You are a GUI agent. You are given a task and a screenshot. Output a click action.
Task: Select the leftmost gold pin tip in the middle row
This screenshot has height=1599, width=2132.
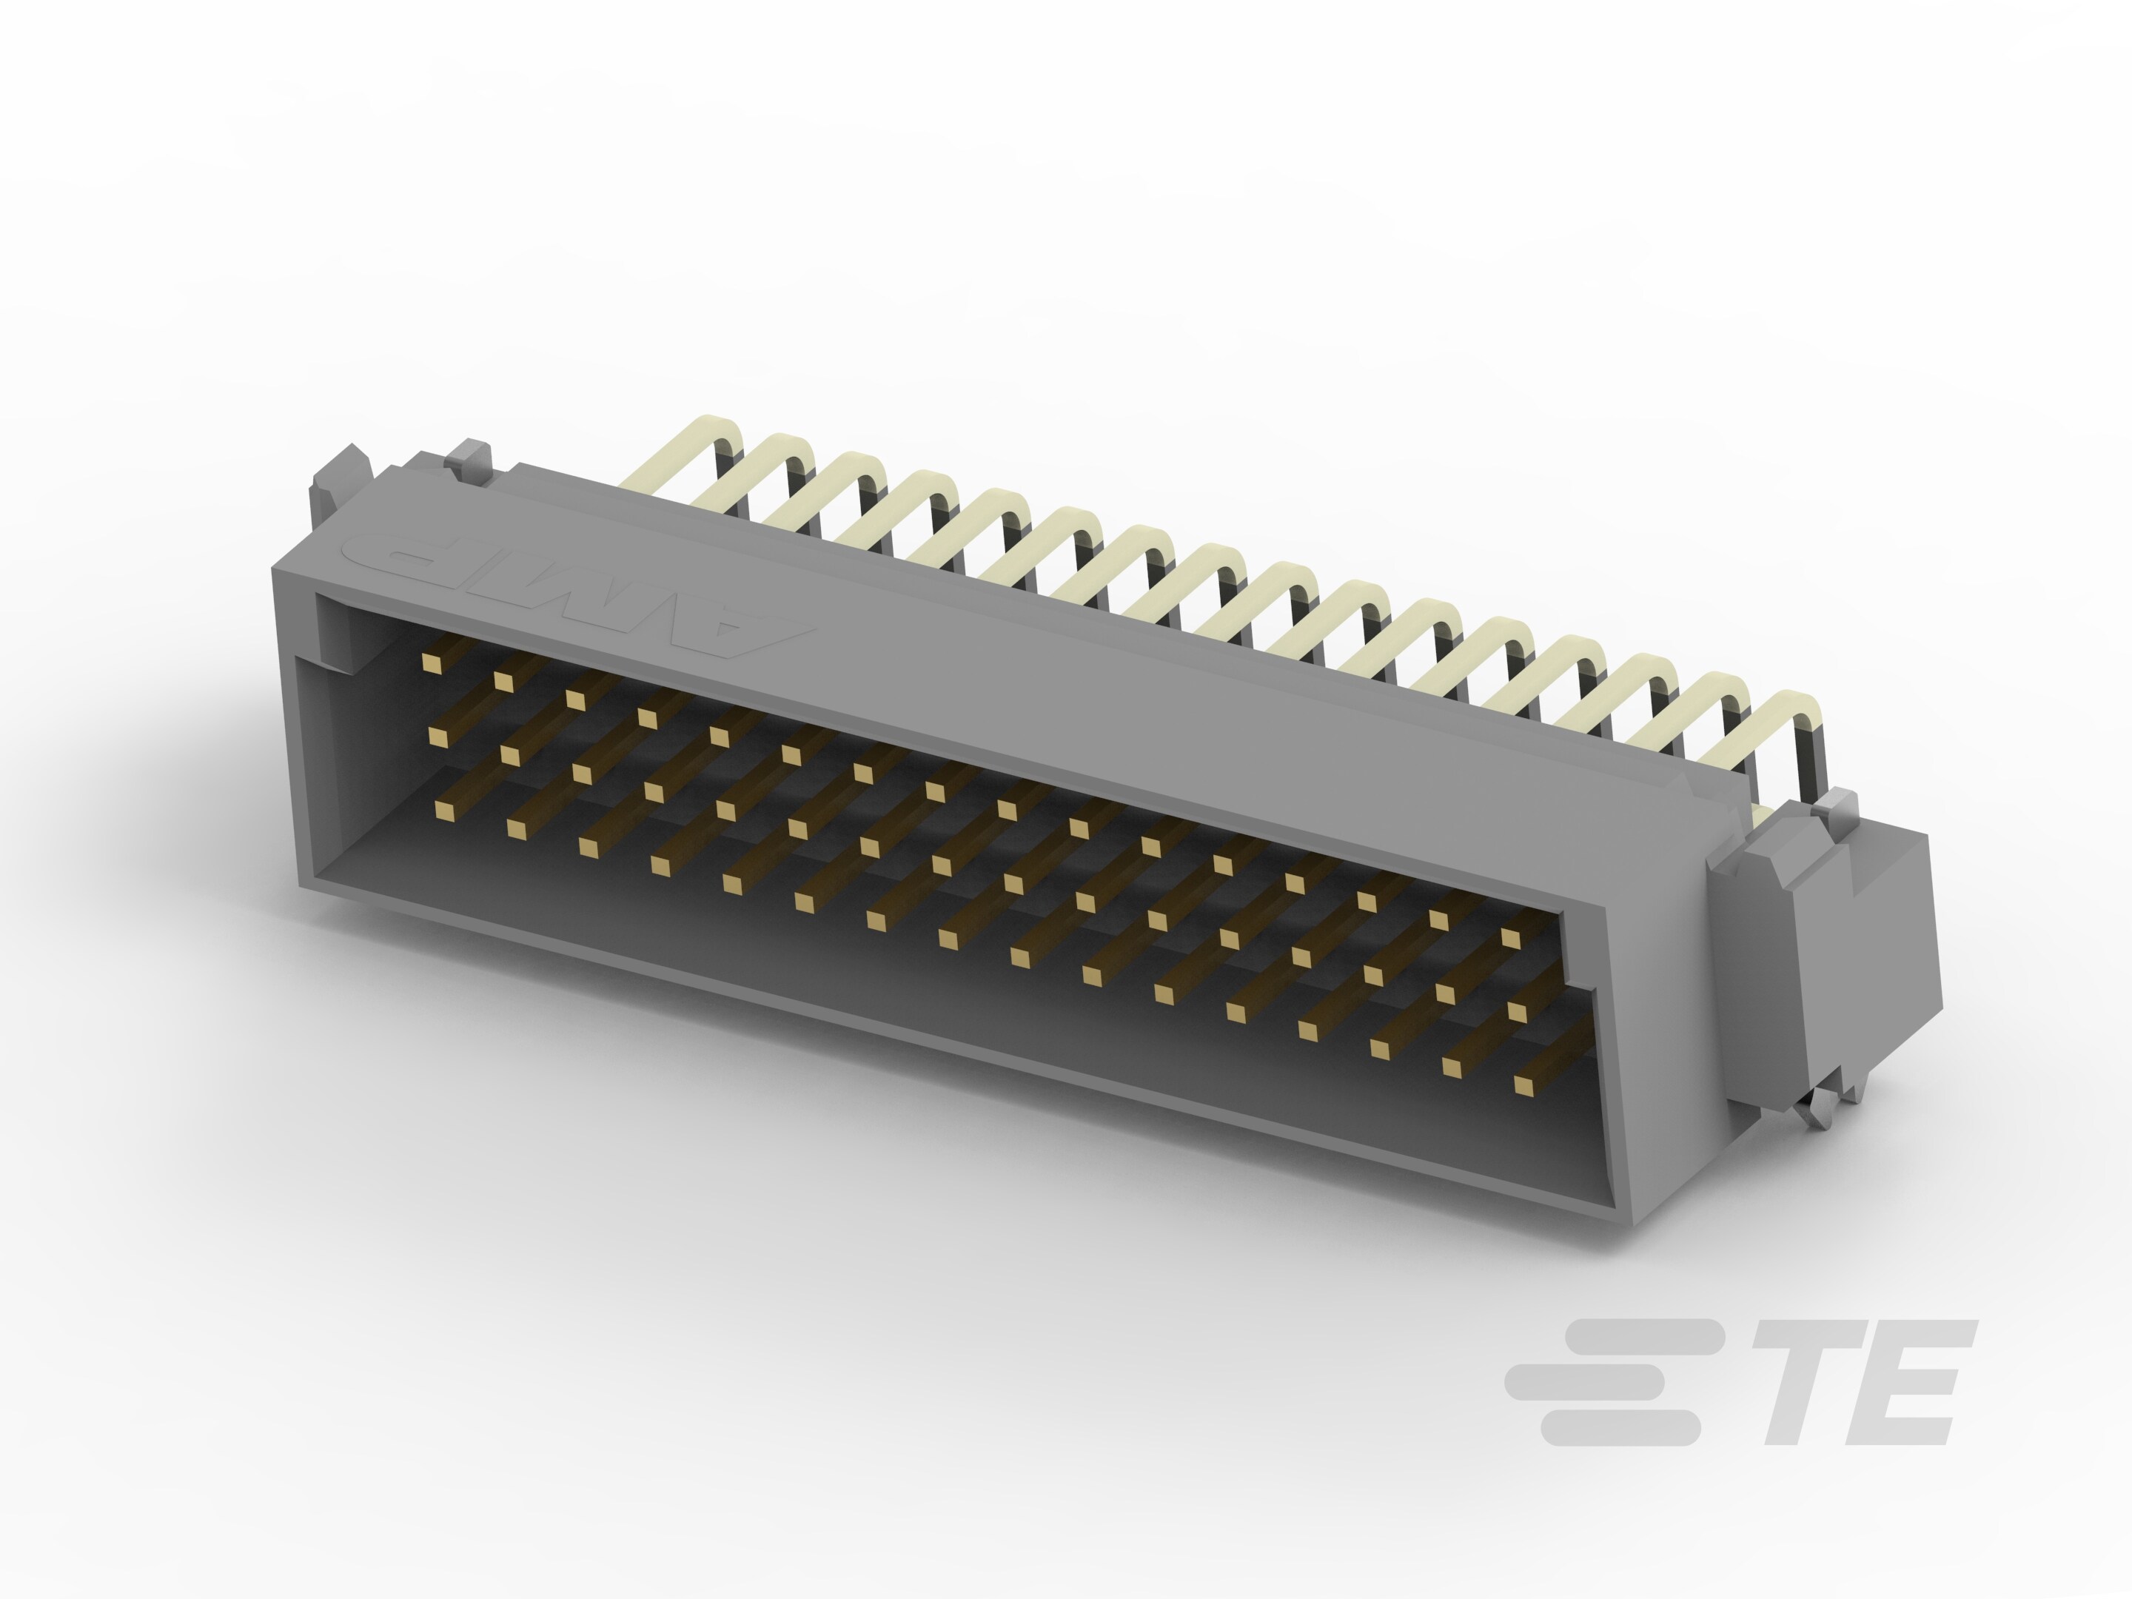click(438, 737)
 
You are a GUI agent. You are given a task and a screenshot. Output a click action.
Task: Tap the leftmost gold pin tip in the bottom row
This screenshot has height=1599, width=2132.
click(446, 810)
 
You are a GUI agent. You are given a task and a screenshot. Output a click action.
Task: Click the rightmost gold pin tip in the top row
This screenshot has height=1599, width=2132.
click(1510, 938)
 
